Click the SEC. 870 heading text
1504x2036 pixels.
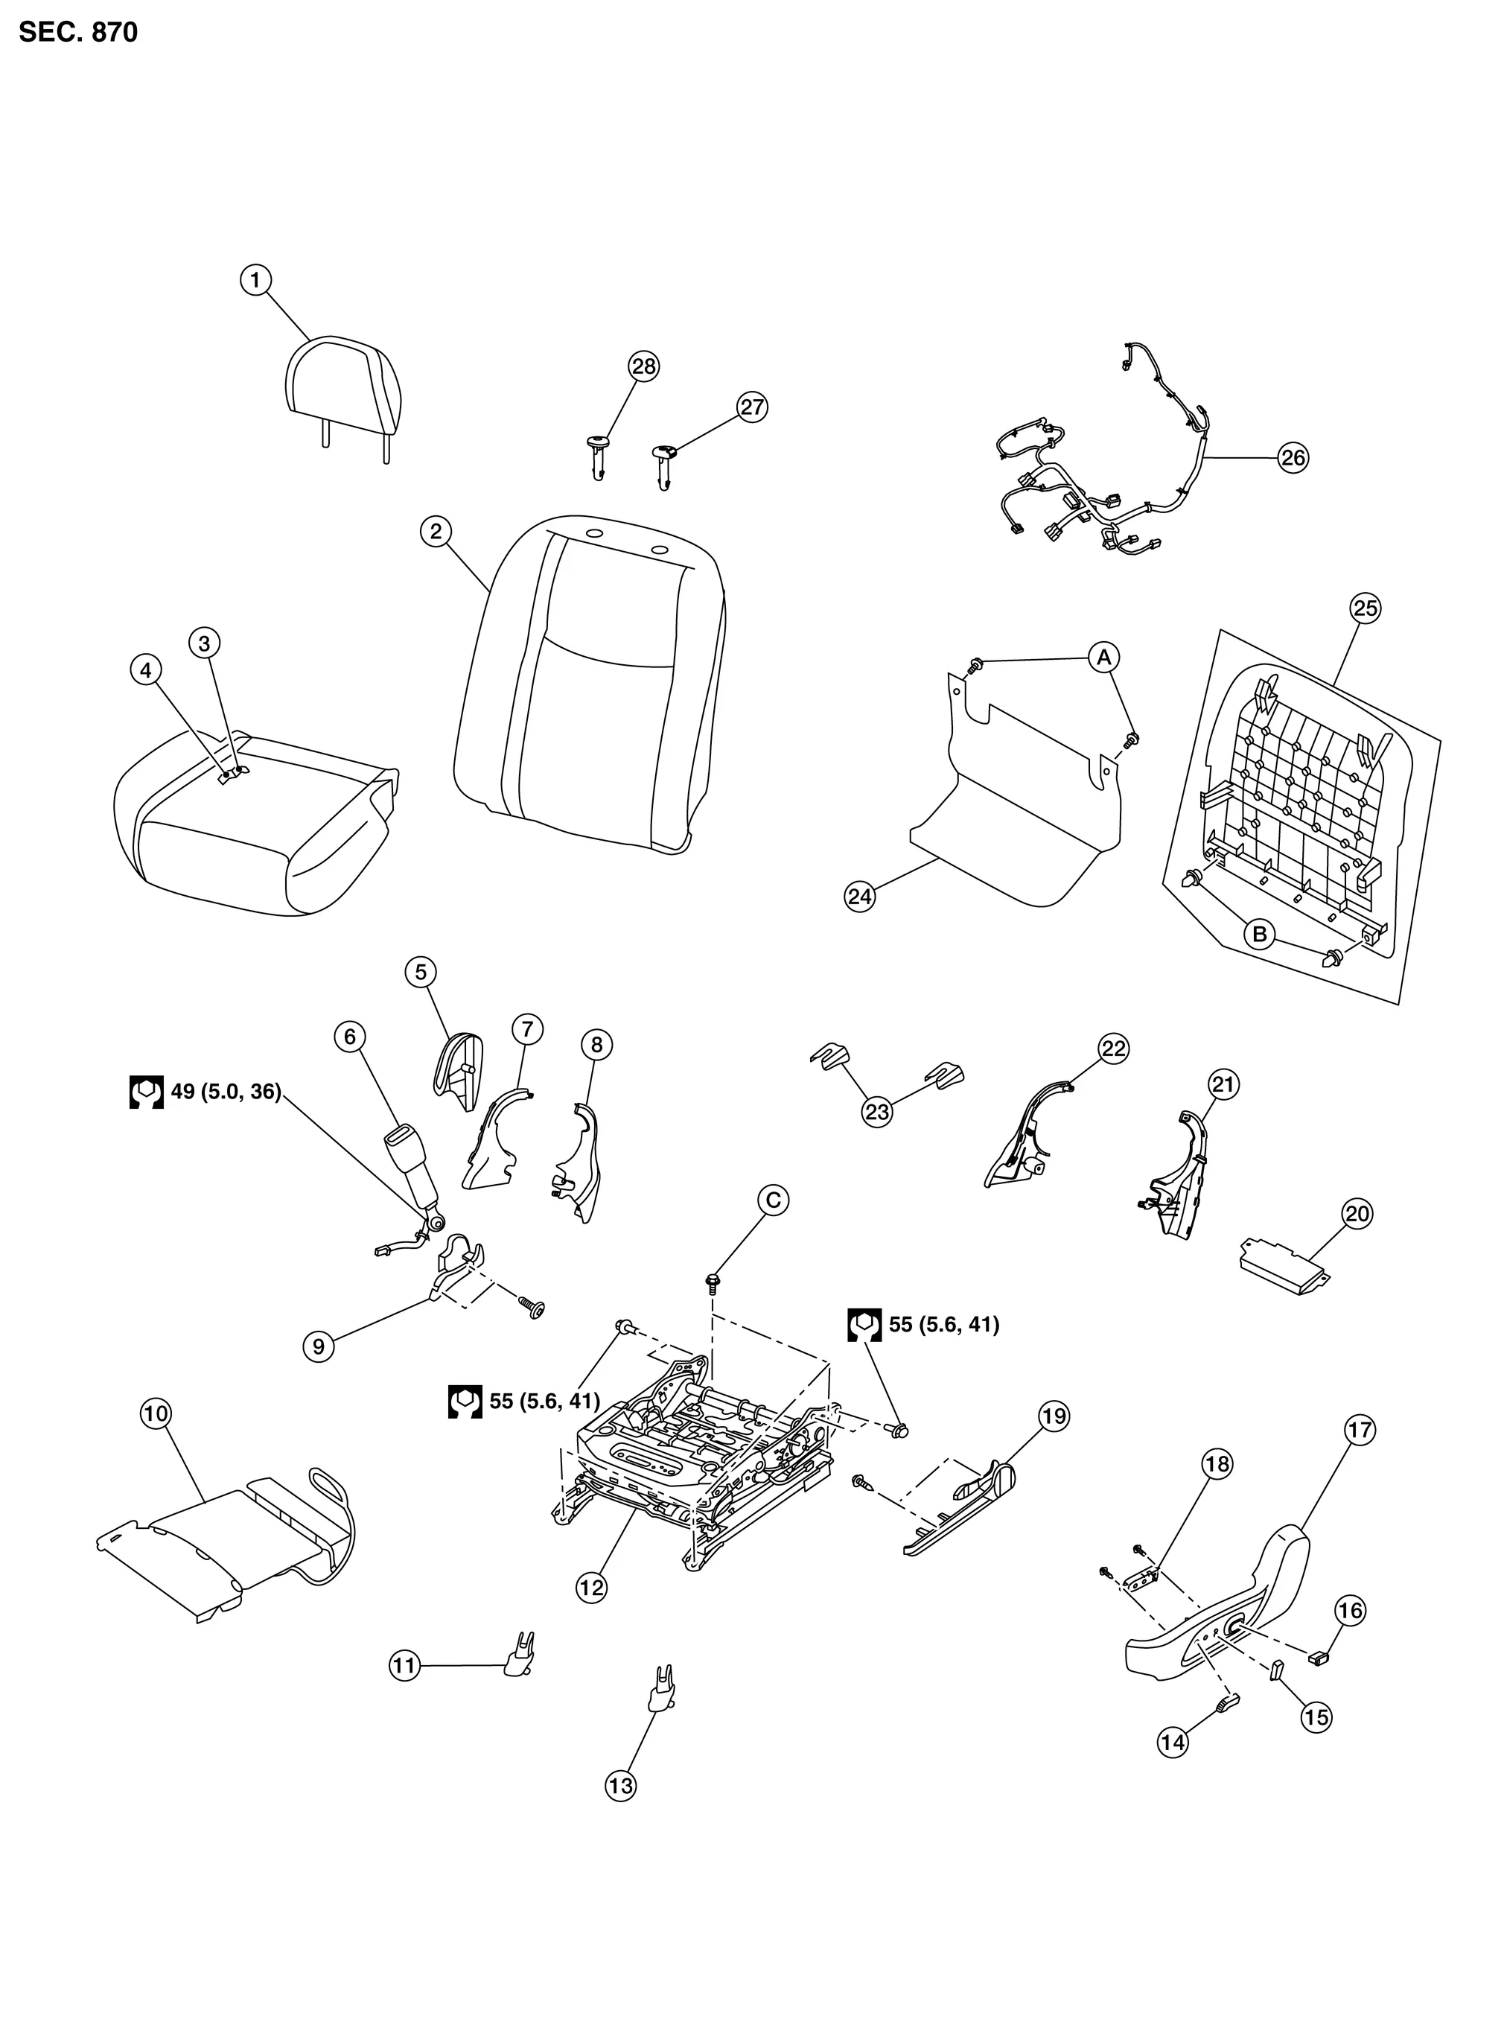pyautogui.click(x=78, y=33)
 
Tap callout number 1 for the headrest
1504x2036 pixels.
pyautogui.click(x=256, y=279)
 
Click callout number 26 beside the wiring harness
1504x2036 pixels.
pyautogui.click(x=1293, y=457)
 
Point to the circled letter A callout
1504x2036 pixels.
pyautogui.click(x=1103, y=657)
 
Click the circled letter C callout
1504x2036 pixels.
pyautogui.click(x=773, y=1200)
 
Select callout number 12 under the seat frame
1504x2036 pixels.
pyautogui.click(x=592, y=1587)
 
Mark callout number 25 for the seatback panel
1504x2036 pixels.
pyautogui.click(x=1366, y=608)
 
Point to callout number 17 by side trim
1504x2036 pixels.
pyautogui.click(x=1360, y=1430)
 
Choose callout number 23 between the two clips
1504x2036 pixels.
pyautogui.click(x=877, y=1112)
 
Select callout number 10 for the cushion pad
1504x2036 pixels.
pyautogui.click(x=156, y=1413)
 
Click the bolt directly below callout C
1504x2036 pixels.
pyautogui.click(x=713, y=1283)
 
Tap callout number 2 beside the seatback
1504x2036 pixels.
pyautogui.click(x=436, y=531)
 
